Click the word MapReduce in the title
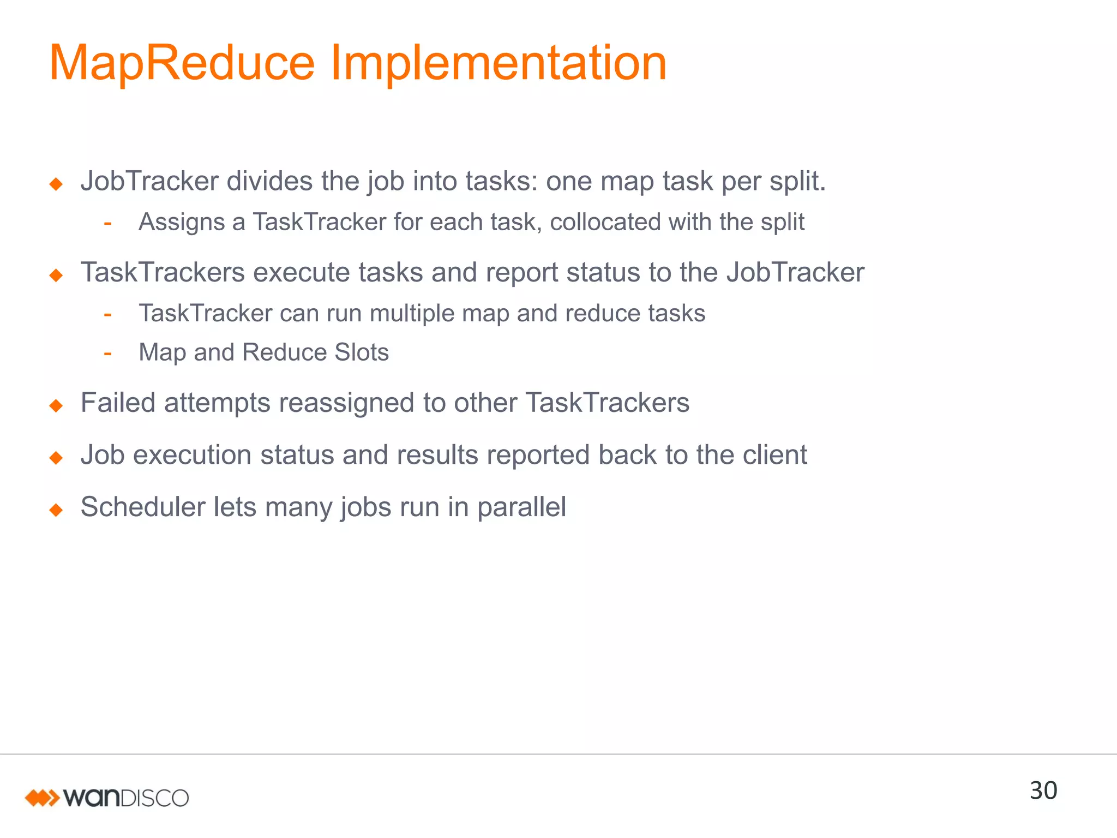(x=182, y=63)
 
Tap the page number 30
(x=1043, y=791)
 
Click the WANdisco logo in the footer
(x=107, y=798)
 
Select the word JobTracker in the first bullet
(x=149, y=182)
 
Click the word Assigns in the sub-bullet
(x=182, y=223)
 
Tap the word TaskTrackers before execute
(x=163, y=272)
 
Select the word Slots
(x=362, y=352)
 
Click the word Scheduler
(x=142, y=507)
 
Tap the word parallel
(x=521, y=508)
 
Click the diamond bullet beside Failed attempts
(x=56, y=406)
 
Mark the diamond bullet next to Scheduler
(x=56, y=510)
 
